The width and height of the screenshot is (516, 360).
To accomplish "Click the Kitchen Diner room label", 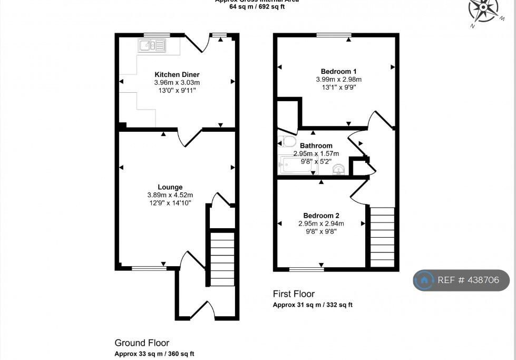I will (177, 74).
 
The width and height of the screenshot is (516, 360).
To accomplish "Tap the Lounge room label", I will (170, 187).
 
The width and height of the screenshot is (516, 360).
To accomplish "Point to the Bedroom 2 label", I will (321, 216).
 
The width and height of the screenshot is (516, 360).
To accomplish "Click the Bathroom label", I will (316, 146).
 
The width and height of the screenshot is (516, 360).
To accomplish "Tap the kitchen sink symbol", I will (152, 45).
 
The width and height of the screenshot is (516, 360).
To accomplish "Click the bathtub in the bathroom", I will (298, 165).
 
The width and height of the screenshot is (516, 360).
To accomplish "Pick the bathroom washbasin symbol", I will (339, 169).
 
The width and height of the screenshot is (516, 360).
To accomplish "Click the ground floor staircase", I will (222, 259).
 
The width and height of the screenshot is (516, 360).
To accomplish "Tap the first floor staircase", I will (382, 237).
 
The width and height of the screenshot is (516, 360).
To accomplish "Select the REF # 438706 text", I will (468, 280).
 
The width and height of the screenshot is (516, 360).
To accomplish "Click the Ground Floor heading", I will (142, 343).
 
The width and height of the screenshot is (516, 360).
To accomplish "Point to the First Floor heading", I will (294, 294).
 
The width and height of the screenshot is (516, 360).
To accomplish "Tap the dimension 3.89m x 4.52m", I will (170, 195).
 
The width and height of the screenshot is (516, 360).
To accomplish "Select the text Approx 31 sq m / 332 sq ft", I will (313, 305).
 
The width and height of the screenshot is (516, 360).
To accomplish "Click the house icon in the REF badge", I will (424, 280).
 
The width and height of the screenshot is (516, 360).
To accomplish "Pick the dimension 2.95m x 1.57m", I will (316, 153).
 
